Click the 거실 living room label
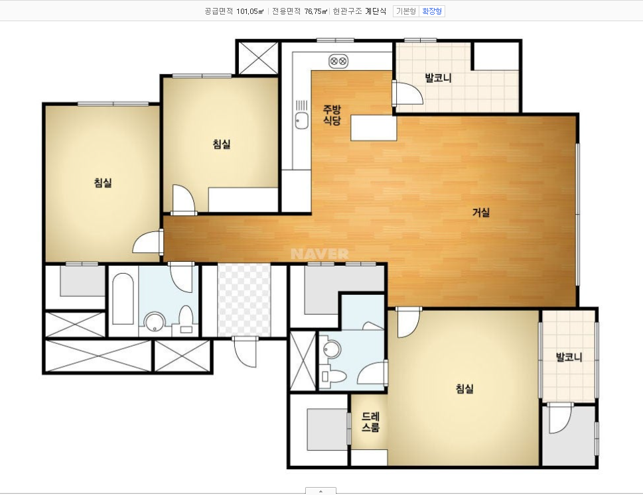tap(481, 212)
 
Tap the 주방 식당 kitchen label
tap(332, 115)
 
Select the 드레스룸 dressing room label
tap(370, 422)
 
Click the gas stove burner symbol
tap(338, 62)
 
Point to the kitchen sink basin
tap(302, 121)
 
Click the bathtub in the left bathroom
tap(123, 299)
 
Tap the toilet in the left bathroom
tap(186, 319)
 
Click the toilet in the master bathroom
tap(334, 376)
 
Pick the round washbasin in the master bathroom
tap(331, 349)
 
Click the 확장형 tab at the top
tap(432, 11)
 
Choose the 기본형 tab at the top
tap(406, 11)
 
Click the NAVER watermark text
tap(319, 254)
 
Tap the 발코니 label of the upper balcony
tap(438, 78)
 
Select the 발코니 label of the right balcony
tap(569, 357)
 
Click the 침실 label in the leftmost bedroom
tap(103, 183)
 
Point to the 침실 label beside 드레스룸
tap(464, 388)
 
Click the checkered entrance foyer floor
tap(244, 301)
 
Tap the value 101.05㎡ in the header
tap(250, 11)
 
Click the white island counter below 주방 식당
tap(374, 128)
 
